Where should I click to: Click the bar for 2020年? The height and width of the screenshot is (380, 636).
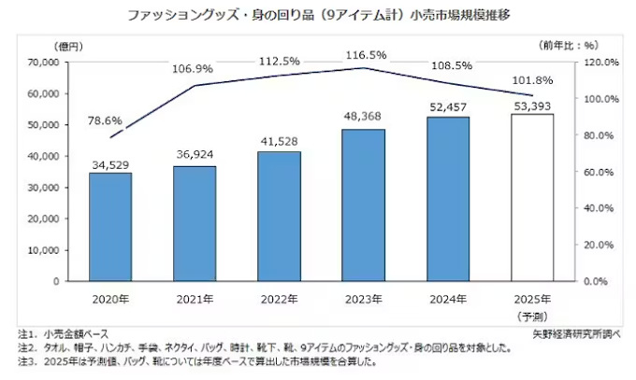coord(110,226)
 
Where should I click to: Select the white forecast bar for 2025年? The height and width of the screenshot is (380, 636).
coord(532,197)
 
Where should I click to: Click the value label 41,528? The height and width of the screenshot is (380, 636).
coord(279,138)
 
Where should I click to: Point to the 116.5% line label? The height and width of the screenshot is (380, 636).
coord(363,54)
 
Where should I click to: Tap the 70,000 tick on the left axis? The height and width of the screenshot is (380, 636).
coord(42,63)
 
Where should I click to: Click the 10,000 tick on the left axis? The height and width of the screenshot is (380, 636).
coord(42,249)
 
